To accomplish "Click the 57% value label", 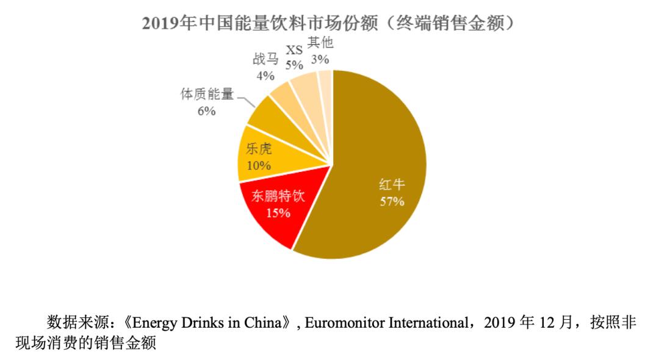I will coord(392,201).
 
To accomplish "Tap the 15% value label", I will coord(278,213).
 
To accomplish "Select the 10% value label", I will coord(259,165).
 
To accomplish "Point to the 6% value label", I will coord(206,111).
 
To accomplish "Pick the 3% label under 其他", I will coord(320,59).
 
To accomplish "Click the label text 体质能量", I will coord(207,96).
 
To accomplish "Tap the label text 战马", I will coord(265,60).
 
